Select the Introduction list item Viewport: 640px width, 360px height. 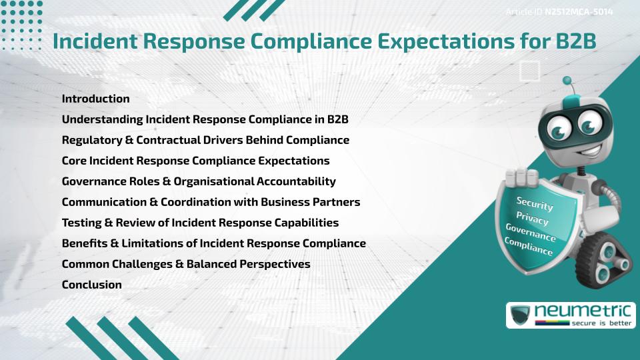95,99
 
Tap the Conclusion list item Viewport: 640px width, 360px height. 91,285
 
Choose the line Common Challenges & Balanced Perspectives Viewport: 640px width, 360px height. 185,264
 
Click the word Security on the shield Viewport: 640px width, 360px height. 535,203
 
